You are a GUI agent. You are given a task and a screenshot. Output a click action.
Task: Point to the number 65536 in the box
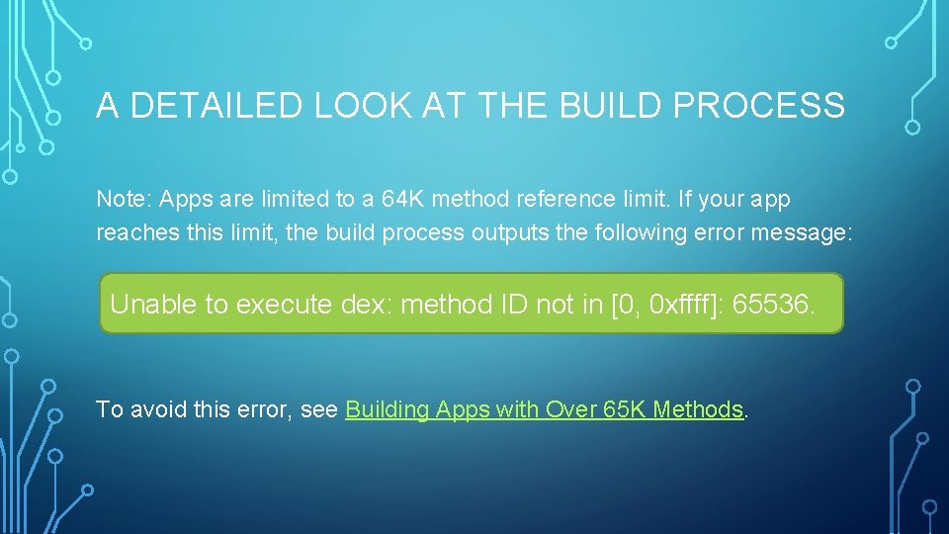[x=774, y=304]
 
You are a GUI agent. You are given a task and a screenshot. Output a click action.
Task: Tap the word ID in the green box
[x=515, y=304]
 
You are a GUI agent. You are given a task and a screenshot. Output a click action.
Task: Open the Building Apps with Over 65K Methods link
[x=544, y=409]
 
